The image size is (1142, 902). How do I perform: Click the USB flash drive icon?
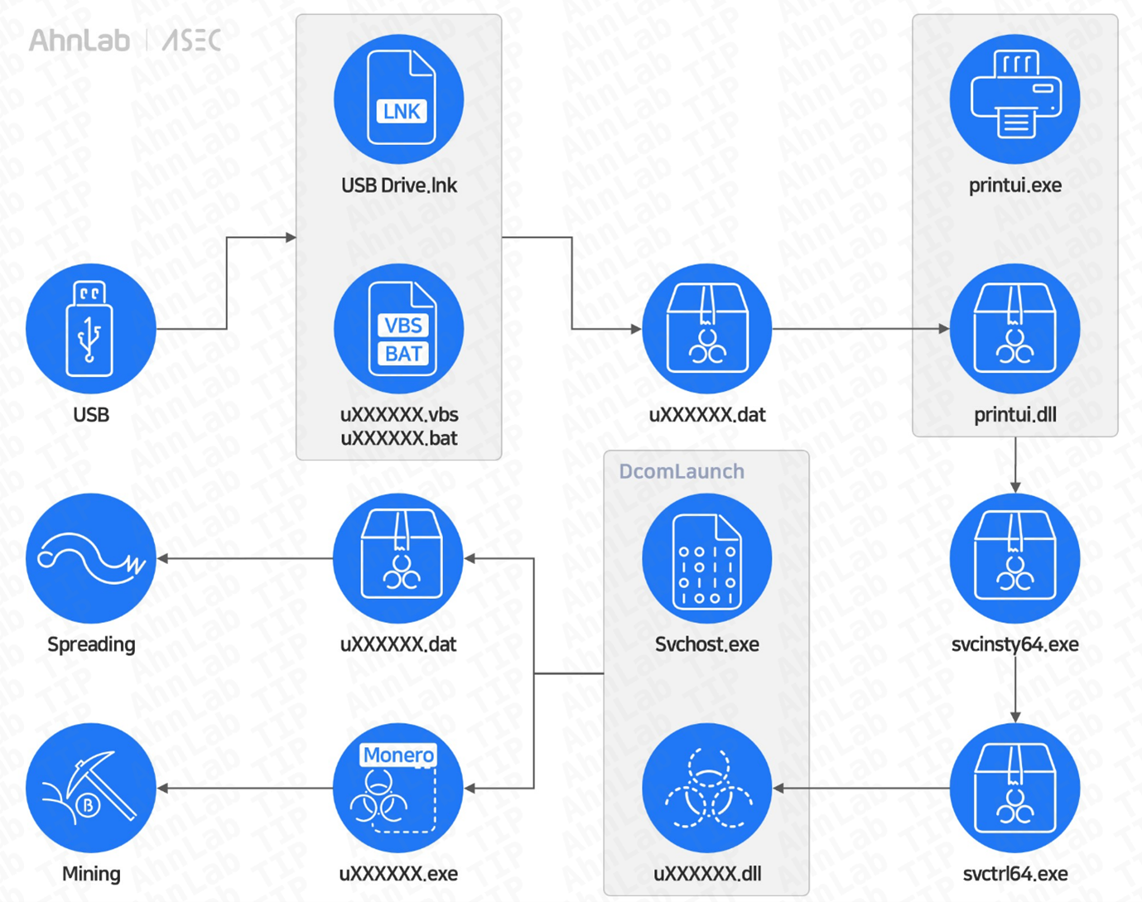pos(91,329)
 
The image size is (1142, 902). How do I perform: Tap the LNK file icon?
pos(399,99)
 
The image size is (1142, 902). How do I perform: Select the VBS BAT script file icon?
pos(399,329)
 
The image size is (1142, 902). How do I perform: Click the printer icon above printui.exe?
pos(1014,99)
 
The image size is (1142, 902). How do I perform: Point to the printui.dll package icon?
pos(1014,329)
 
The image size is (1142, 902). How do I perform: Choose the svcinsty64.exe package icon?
pos(1014,558)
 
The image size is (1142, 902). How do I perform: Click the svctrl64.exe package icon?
pos(1014,788)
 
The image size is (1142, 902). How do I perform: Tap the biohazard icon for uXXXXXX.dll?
pos(707,788)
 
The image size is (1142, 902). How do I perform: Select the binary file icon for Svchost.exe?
pos(707,558)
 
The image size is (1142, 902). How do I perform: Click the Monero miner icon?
pos(398,788)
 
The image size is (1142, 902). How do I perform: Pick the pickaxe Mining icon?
pos(91,788)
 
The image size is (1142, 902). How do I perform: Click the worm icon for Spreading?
pos(91,558)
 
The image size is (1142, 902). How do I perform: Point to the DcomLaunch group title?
pos(682,471)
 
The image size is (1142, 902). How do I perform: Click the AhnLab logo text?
pos(80,40)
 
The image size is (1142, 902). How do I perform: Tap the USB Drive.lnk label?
pos(399,186)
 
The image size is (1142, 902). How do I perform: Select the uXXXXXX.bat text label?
pos(399,438)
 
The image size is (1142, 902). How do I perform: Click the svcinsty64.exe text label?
pos(1014,644)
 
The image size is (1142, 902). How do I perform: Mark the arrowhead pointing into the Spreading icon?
pos(163,558)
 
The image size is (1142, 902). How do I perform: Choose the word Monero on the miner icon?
pos(398,755)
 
